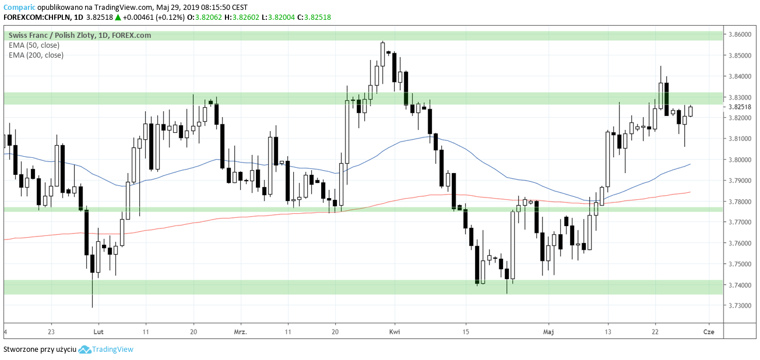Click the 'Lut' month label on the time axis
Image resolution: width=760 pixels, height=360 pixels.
(x=98, y=331)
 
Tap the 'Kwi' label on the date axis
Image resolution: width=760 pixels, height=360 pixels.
(x=395, y=331)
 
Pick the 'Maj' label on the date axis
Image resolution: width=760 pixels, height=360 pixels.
(x=548, y=331)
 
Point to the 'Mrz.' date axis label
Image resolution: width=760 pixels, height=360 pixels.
(x=240, y=331)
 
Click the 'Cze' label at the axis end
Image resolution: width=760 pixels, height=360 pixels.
(x=709, y=331)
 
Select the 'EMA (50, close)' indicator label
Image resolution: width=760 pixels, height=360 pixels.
(x=34, y=45)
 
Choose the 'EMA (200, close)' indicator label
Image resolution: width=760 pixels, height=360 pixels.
(x=36, y=55)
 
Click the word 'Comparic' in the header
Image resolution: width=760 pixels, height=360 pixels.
(x=19, y=8)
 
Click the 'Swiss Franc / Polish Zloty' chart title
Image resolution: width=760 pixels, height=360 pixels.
(x=52, y=36)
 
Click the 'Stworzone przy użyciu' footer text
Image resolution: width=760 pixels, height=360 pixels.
(x=40, y=350)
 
